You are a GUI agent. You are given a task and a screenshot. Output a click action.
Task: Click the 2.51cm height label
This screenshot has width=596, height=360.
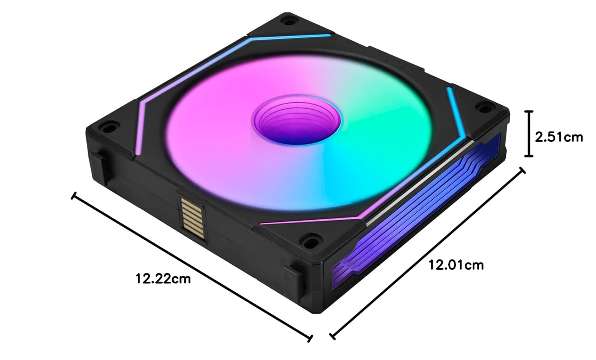tap(559, 136)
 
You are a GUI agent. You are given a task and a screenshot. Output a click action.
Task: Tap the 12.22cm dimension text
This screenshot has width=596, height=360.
tap(163, 279)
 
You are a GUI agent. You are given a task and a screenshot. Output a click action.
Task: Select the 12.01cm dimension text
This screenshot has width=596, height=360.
tap(456, 264)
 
